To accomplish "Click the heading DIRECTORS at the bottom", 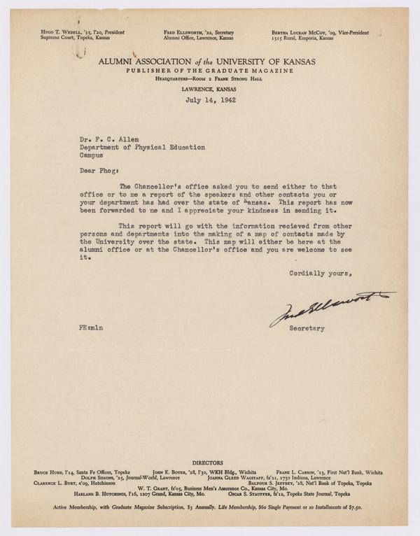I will click(210, 463).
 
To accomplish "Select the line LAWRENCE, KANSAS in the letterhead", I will click(209, 90).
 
